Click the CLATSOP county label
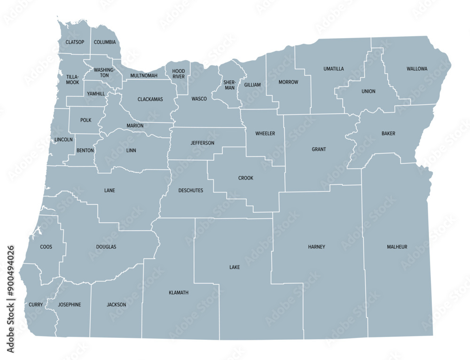[x=75, y=42]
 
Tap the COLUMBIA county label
[x=104, y=42]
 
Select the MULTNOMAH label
[x=144, y=75]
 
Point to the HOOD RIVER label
[x=179, y=74]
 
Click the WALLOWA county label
[x=417, y=69]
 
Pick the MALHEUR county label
[x=397, y=247]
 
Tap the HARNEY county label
[x=316, y=247]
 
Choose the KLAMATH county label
[x=178, y=292]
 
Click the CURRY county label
[x=36, y=305]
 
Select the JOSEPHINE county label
[x=69, y=305]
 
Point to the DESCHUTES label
[x=191, y=190]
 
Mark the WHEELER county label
[x=265, y=133]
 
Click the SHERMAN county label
[x=229, y=85]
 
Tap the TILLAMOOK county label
[x=73, y=79]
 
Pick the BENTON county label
[x=85, y=150]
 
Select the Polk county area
[x=86, y=120]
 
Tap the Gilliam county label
[x=252, y=85]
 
